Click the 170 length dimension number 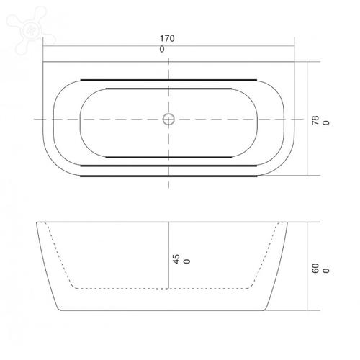(x=167, y=38)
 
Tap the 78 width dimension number (x=315, y=120)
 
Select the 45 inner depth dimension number (x=176, y=259)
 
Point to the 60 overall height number (x=315, y=268)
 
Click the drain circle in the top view (x=168, y=120)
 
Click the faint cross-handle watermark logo (x=30, y=30)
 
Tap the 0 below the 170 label (x=162, y=49)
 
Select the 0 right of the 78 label (x=326, y=122)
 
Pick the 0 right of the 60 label (x=326, y=271)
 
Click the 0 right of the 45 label (x=186, y=261)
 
